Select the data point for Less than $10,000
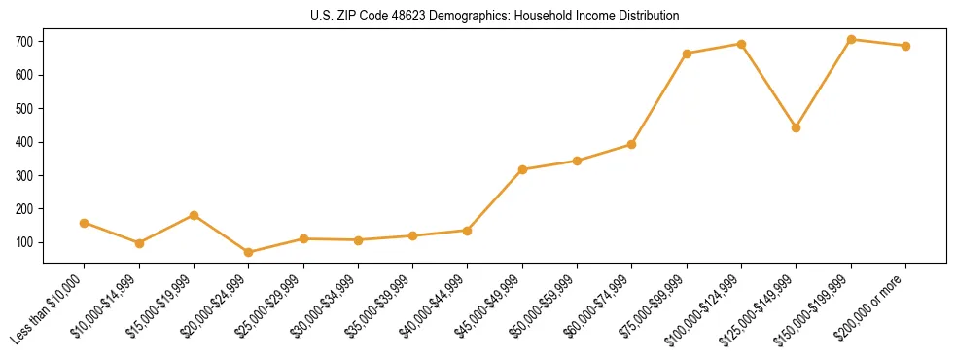tap(85, 223)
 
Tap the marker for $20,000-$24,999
tap(249, 253)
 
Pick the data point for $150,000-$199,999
tap(851, 40)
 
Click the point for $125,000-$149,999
tap(797, 127)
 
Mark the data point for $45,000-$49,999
tap(522, 169)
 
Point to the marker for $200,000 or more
tap(905, 46)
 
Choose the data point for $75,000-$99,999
tap(687, 54)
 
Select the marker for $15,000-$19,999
tap(195, 215)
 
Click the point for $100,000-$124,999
tap(742, 44)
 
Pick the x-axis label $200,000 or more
tap(872, 306)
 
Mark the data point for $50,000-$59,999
tap(578, 161)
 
